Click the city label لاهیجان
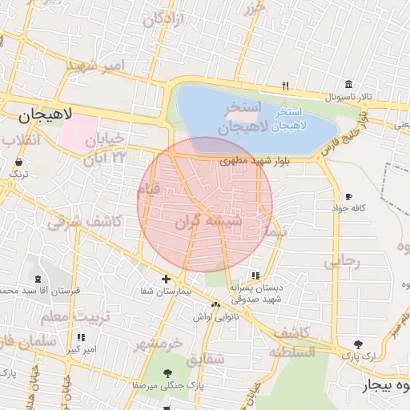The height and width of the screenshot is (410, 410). click(45, 115)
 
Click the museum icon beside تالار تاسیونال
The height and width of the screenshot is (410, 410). click(348, 85)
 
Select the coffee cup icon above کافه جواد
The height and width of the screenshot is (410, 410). click(348, 197)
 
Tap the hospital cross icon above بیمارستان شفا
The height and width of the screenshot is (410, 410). click(166, 279)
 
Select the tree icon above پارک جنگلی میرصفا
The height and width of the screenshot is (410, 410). click(167, 373)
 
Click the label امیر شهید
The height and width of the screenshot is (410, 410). click(97, 64)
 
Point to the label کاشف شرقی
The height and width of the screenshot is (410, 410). click(84, 222)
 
